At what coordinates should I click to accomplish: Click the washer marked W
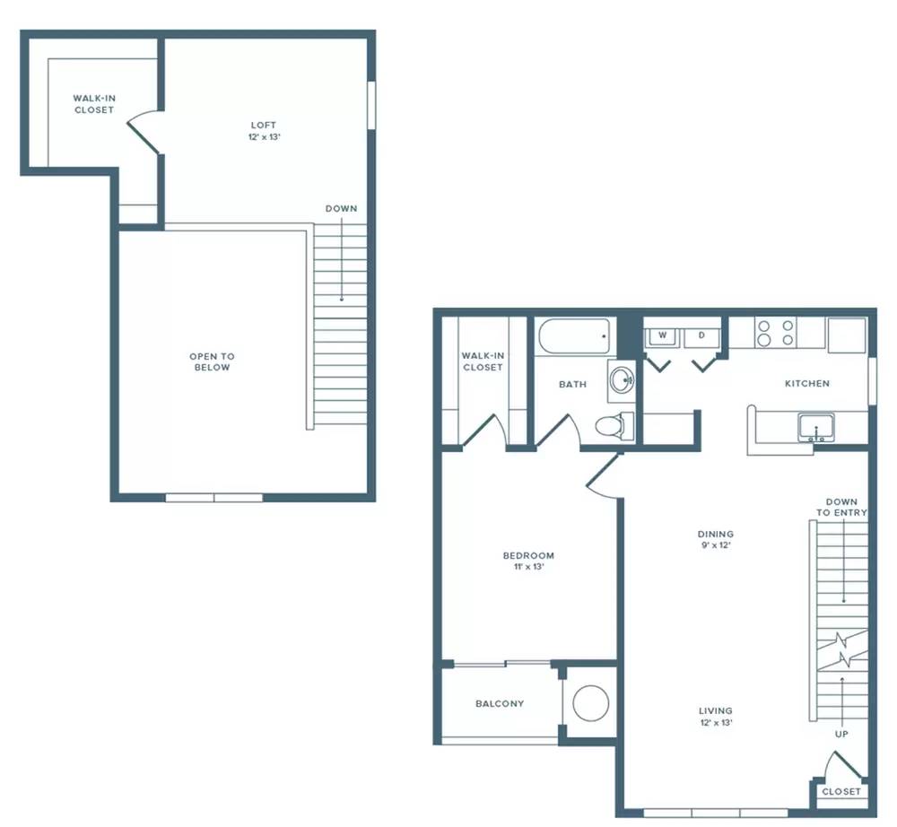click(x=662, y=337)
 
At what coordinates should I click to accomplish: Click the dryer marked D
click(x=702, y=337)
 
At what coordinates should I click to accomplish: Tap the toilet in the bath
click(x=614, y=426)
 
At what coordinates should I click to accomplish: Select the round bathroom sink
click(x=622, y=379)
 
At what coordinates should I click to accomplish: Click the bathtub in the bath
click(x=574, y=337)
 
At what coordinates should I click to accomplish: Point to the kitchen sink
click(x=816, y=428)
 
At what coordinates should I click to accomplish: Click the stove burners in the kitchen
click(x=776, y=333)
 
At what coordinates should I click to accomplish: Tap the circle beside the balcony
click(x=591, y=703)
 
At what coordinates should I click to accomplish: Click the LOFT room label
click(x=264, y=125)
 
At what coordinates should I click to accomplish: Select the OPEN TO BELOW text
click(x=212, y=362)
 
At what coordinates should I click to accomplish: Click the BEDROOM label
click(x=528, y=555)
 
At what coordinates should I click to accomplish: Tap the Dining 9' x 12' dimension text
click(x=716, y=545)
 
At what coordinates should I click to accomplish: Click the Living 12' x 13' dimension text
click(x=716, y=722)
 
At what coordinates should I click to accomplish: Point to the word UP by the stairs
click(x=841, y=734)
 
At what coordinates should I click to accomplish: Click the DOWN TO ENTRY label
click(x=841, y=508)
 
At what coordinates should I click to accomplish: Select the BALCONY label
click(x=500, y=703)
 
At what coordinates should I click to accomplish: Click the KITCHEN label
click(x=807, y=383)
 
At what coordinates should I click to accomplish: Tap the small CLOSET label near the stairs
click(x=841, y=791)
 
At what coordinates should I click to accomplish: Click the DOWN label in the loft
click(x=342, y=208)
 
